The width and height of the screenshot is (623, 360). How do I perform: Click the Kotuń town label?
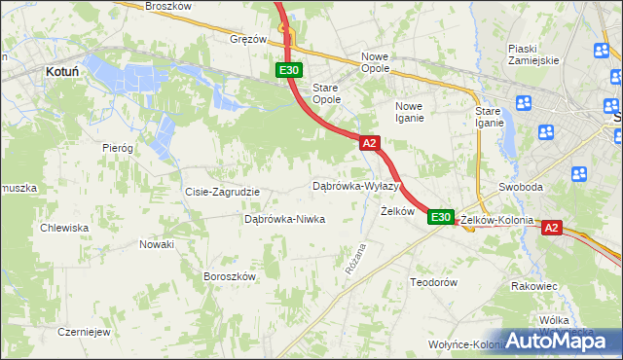[x=62, y=71]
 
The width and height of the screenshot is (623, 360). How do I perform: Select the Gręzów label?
[x=248, y=40]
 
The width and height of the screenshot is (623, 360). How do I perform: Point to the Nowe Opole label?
[x=375, y=62]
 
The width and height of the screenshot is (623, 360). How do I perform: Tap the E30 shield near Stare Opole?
[x=288, y=70]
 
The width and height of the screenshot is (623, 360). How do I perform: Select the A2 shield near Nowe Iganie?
[x=368, y=143]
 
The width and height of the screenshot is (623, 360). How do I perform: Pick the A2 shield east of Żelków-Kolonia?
[x=551, y=228]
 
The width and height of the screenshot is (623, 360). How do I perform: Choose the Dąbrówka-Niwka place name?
[x=284, y=220]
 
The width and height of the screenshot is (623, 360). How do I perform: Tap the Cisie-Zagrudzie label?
[x=222, y=192]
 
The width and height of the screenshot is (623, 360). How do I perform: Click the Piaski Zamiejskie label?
[x=533, y=54]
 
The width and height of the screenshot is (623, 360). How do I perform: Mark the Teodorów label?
[x=433, y=282]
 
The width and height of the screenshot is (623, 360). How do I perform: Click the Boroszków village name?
[x=230, y=276]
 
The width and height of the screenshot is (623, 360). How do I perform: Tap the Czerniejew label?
[x=84, y=331]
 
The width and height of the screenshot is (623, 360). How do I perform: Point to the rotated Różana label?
[x=355, y=258]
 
